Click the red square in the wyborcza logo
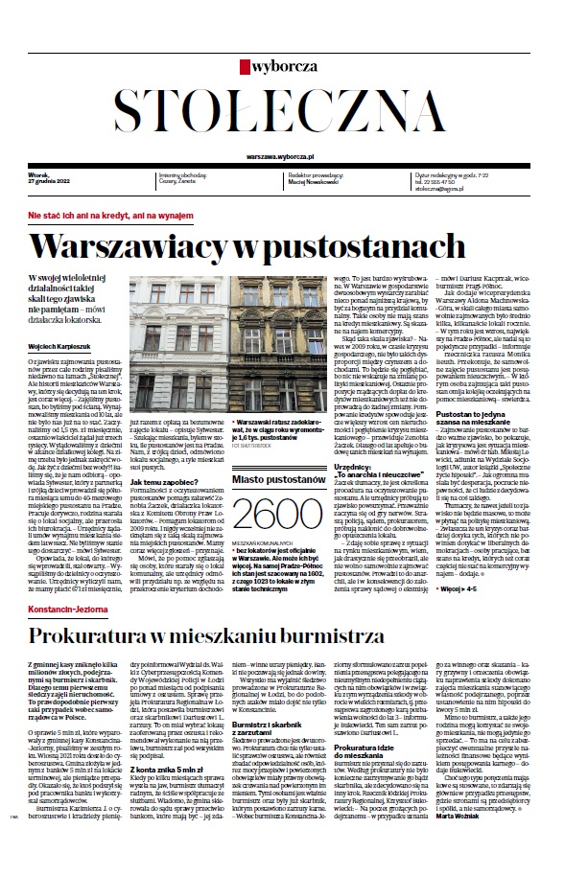246,68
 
